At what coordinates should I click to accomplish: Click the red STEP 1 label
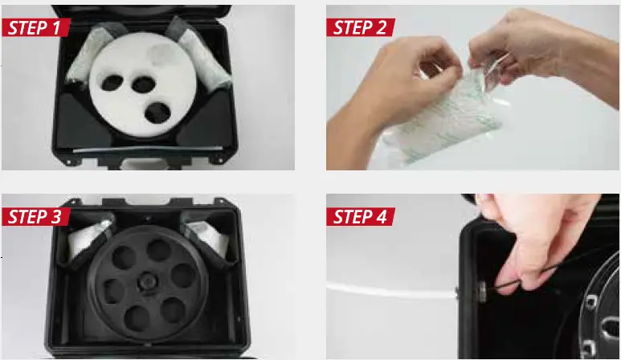click(x=36, y=27)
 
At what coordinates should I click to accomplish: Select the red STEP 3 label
click(x=36, y=216)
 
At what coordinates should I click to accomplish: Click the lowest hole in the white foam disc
click(x=161, y=113)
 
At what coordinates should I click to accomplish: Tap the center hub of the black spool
click(x=149, y=285)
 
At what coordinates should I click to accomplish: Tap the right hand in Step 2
click(x=530, y=56)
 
